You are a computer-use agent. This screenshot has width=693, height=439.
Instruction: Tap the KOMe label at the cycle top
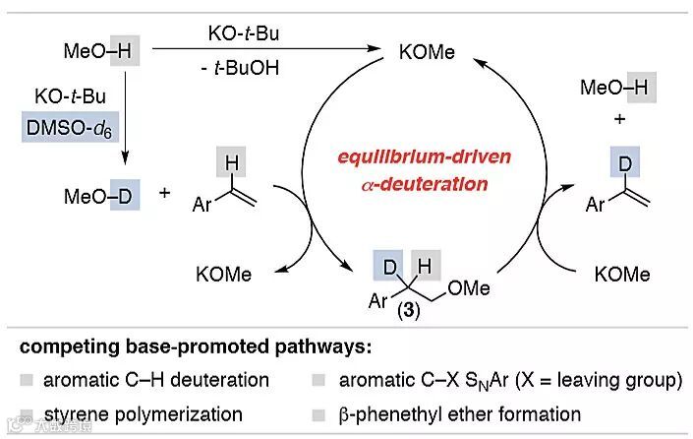coord(428,52)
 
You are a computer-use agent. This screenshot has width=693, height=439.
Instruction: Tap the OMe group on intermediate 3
coord(464,287)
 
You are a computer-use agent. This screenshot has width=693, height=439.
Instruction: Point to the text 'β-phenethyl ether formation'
coord(460,414)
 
